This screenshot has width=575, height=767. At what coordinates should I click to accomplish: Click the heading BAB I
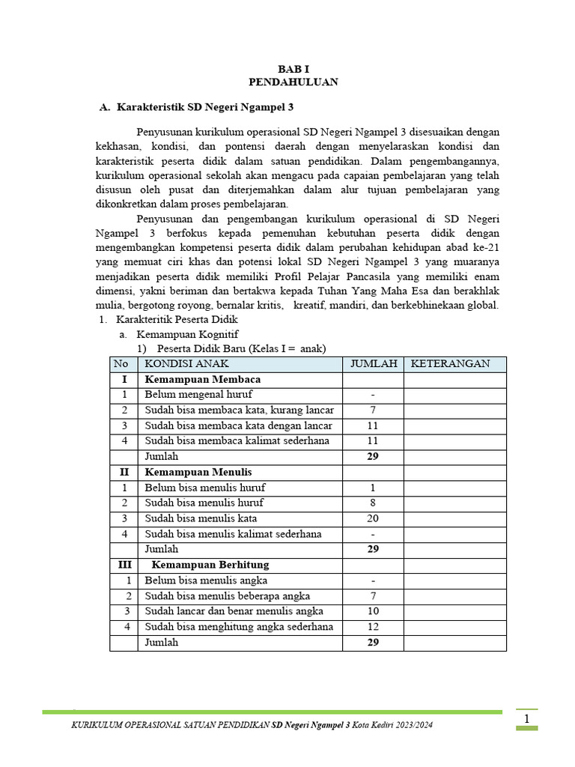pos(293,69)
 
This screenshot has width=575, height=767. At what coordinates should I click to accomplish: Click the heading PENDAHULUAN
pos(293,82)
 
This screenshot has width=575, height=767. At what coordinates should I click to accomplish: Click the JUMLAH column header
pos(373,364)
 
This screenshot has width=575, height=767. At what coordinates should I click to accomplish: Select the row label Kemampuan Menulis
pos(198,472)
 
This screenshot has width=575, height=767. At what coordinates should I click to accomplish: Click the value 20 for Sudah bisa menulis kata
pos(373,518)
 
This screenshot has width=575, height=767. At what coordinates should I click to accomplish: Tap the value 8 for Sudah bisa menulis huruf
pos(373,503)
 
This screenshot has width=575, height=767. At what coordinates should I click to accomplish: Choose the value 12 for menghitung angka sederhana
pos(373,626)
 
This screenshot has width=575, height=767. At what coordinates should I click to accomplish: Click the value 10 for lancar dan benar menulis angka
pos(373,611)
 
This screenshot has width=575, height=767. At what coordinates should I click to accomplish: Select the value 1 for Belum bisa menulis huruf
pos(373,488)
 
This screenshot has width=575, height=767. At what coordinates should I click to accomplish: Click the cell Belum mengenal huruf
pos(198,395)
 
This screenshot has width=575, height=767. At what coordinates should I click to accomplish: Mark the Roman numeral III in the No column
pos(124,564)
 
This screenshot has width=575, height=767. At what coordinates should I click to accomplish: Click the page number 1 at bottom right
pos(527,719)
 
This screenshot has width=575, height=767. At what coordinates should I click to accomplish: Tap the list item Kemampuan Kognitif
pos(187,334)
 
